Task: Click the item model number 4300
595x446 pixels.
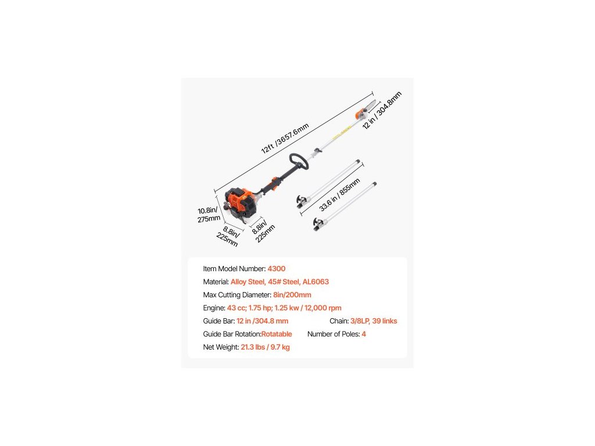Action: click(x=276, y=269)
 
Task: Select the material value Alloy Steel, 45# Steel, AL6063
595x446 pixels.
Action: click(x=279, y=282)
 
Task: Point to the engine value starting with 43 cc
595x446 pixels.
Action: click(x=284, y=308)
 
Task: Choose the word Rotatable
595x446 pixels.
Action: click(x=277, y=334)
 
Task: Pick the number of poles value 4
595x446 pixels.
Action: click(x=364, y=334)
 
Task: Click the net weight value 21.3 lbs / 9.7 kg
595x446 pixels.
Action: click(x=265, y=347)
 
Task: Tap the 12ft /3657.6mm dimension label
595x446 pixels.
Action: click(x=285, y=139)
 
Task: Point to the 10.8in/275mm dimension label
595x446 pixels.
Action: click(x=209, y=214)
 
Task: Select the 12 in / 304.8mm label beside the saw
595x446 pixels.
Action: click(x=382, y=110)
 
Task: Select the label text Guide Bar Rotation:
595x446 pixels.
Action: click(x=232, y=334)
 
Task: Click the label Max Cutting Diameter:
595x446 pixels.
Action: click(x=237, y=295)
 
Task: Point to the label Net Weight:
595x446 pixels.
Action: click(x=221, y=347)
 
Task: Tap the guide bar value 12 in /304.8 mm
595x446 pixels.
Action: click(x=262, y=321)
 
